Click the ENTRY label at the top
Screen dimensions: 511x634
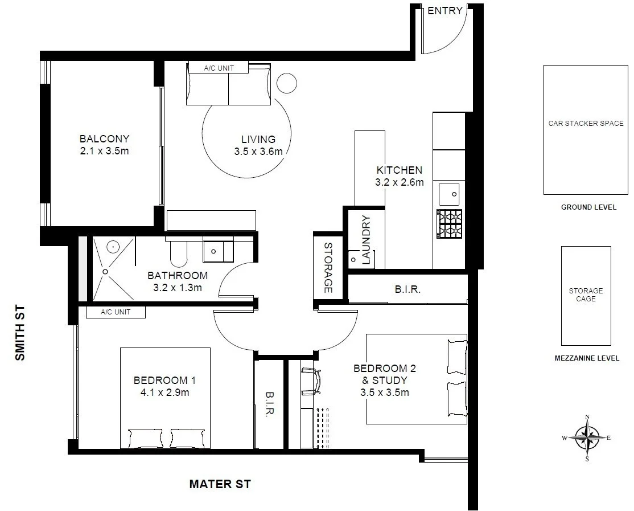(445, 11)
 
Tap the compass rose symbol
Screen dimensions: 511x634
(587, 438)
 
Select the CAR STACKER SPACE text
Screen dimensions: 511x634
(586, 123)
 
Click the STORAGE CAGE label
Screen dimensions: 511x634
(586, 295)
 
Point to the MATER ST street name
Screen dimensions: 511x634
(220, 485)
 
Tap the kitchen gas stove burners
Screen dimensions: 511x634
(450, 224)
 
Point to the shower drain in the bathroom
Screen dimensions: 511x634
(105, 272)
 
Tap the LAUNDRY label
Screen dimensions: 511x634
(366, 240)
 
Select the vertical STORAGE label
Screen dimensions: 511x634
(328, 268)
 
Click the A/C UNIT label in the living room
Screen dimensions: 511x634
(219, 68)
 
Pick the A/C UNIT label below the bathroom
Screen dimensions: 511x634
(116, 312)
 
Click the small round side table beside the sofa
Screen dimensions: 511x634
(287, 83)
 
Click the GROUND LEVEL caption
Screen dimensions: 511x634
(588, 207)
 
